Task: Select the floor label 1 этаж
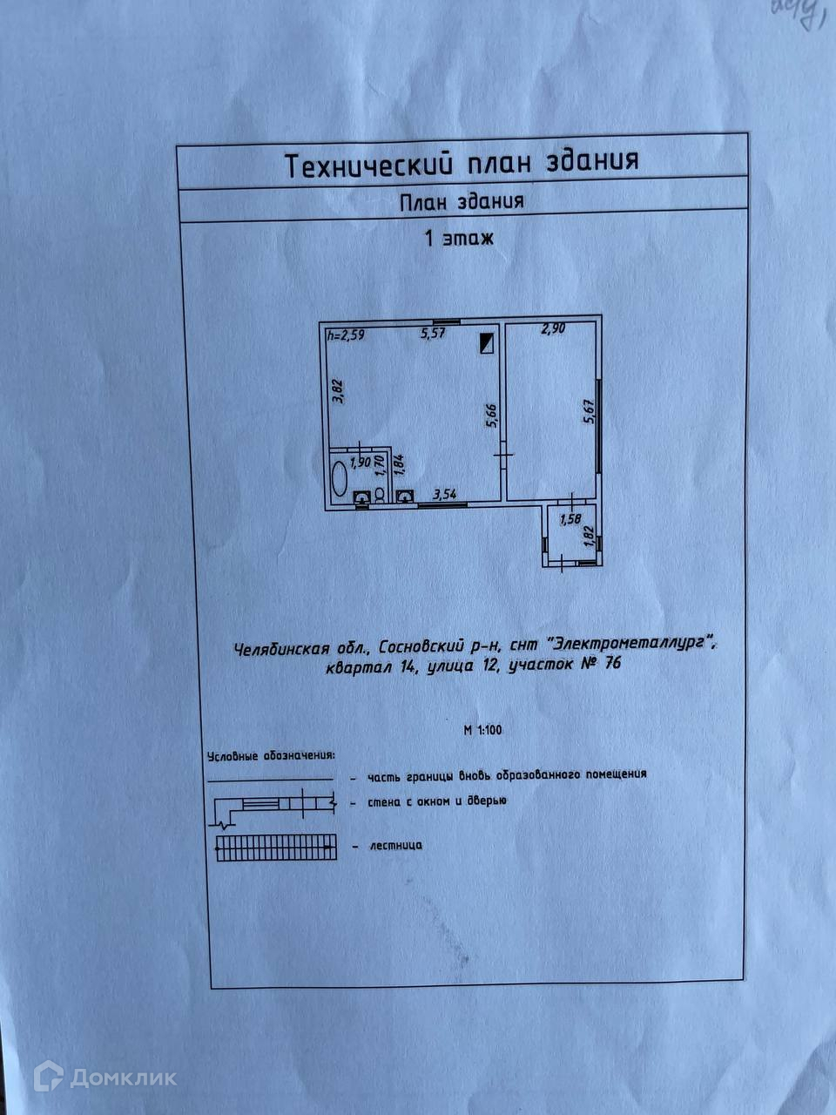tap(458, 239)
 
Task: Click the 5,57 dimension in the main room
tap(433, 333)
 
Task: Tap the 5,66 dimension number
tap(490, 414)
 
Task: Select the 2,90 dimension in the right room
tap(554, 329)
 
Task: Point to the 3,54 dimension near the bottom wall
tap(444, 495)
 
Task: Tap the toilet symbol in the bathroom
tap(380, 496)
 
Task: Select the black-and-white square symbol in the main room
tap(486, 342)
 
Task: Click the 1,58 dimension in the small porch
tap(570, 520)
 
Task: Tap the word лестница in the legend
tap(396, 845)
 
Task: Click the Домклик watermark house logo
tap(48, 1077)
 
